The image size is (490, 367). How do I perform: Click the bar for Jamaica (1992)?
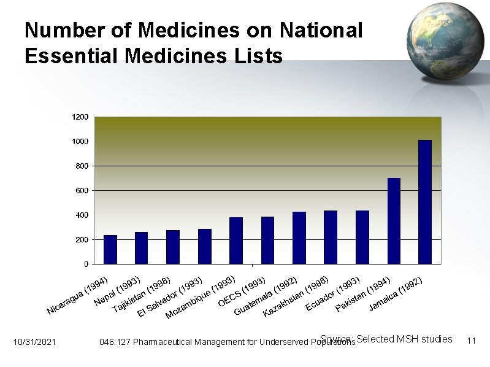(x=425, y=202)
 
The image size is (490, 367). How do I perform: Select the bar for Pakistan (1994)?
(x=394, y=221)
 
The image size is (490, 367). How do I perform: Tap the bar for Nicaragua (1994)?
(x=110, y=249)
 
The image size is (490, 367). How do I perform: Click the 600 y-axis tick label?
(x=82, y=190)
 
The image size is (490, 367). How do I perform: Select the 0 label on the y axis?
(x=86, y=264)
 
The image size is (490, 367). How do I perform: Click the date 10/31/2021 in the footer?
(x=34, y=341)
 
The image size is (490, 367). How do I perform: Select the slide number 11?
(x=472, y=341)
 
